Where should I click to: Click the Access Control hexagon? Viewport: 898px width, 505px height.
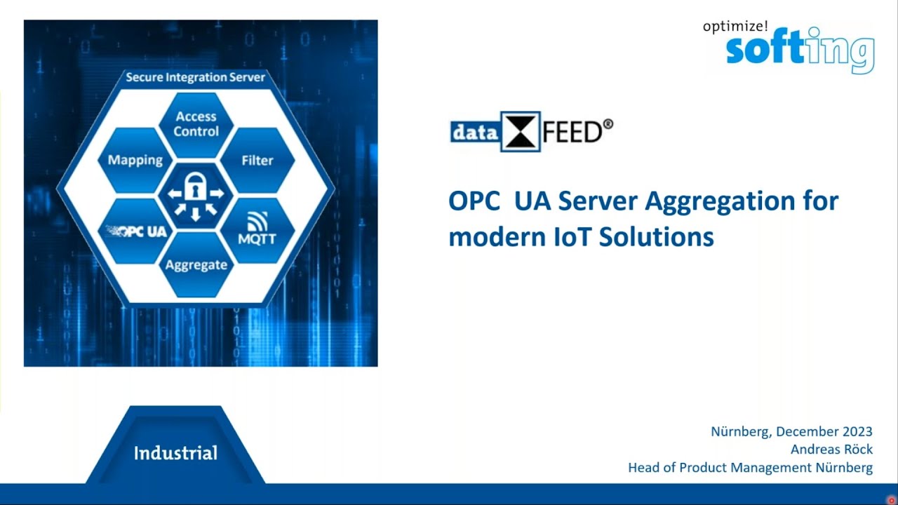coord(196,124)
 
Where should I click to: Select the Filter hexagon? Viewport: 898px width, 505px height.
coord(257,161)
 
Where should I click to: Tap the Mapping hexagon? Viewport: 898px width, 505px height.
coord(135,161)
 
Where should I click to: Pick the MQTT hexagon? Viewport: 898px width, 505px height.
coord(257,231)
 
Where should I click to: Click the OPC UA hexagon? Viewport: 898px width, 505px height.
coord(136,231)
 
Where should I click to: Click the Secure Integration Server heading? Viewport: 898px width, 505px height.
coord(195,77)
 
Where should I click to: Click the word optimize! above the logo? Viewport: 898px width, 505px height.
coord(735,27)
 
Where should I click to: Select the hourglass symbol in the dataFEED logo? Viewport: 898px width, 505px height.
coord(520,131)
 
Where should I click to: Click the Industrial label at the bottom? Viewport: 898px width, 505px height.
coord(175,453)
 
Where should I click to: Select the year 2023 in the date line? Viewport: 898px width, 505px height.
coord(855,431)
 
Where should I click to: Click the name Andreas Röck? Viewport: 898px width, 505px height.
coord(831,450)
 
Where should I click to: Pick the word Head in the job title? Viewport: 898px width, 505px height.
coord(643,468)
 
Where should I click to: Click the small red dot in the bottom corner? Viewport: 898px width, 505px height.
coord(891,499)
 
